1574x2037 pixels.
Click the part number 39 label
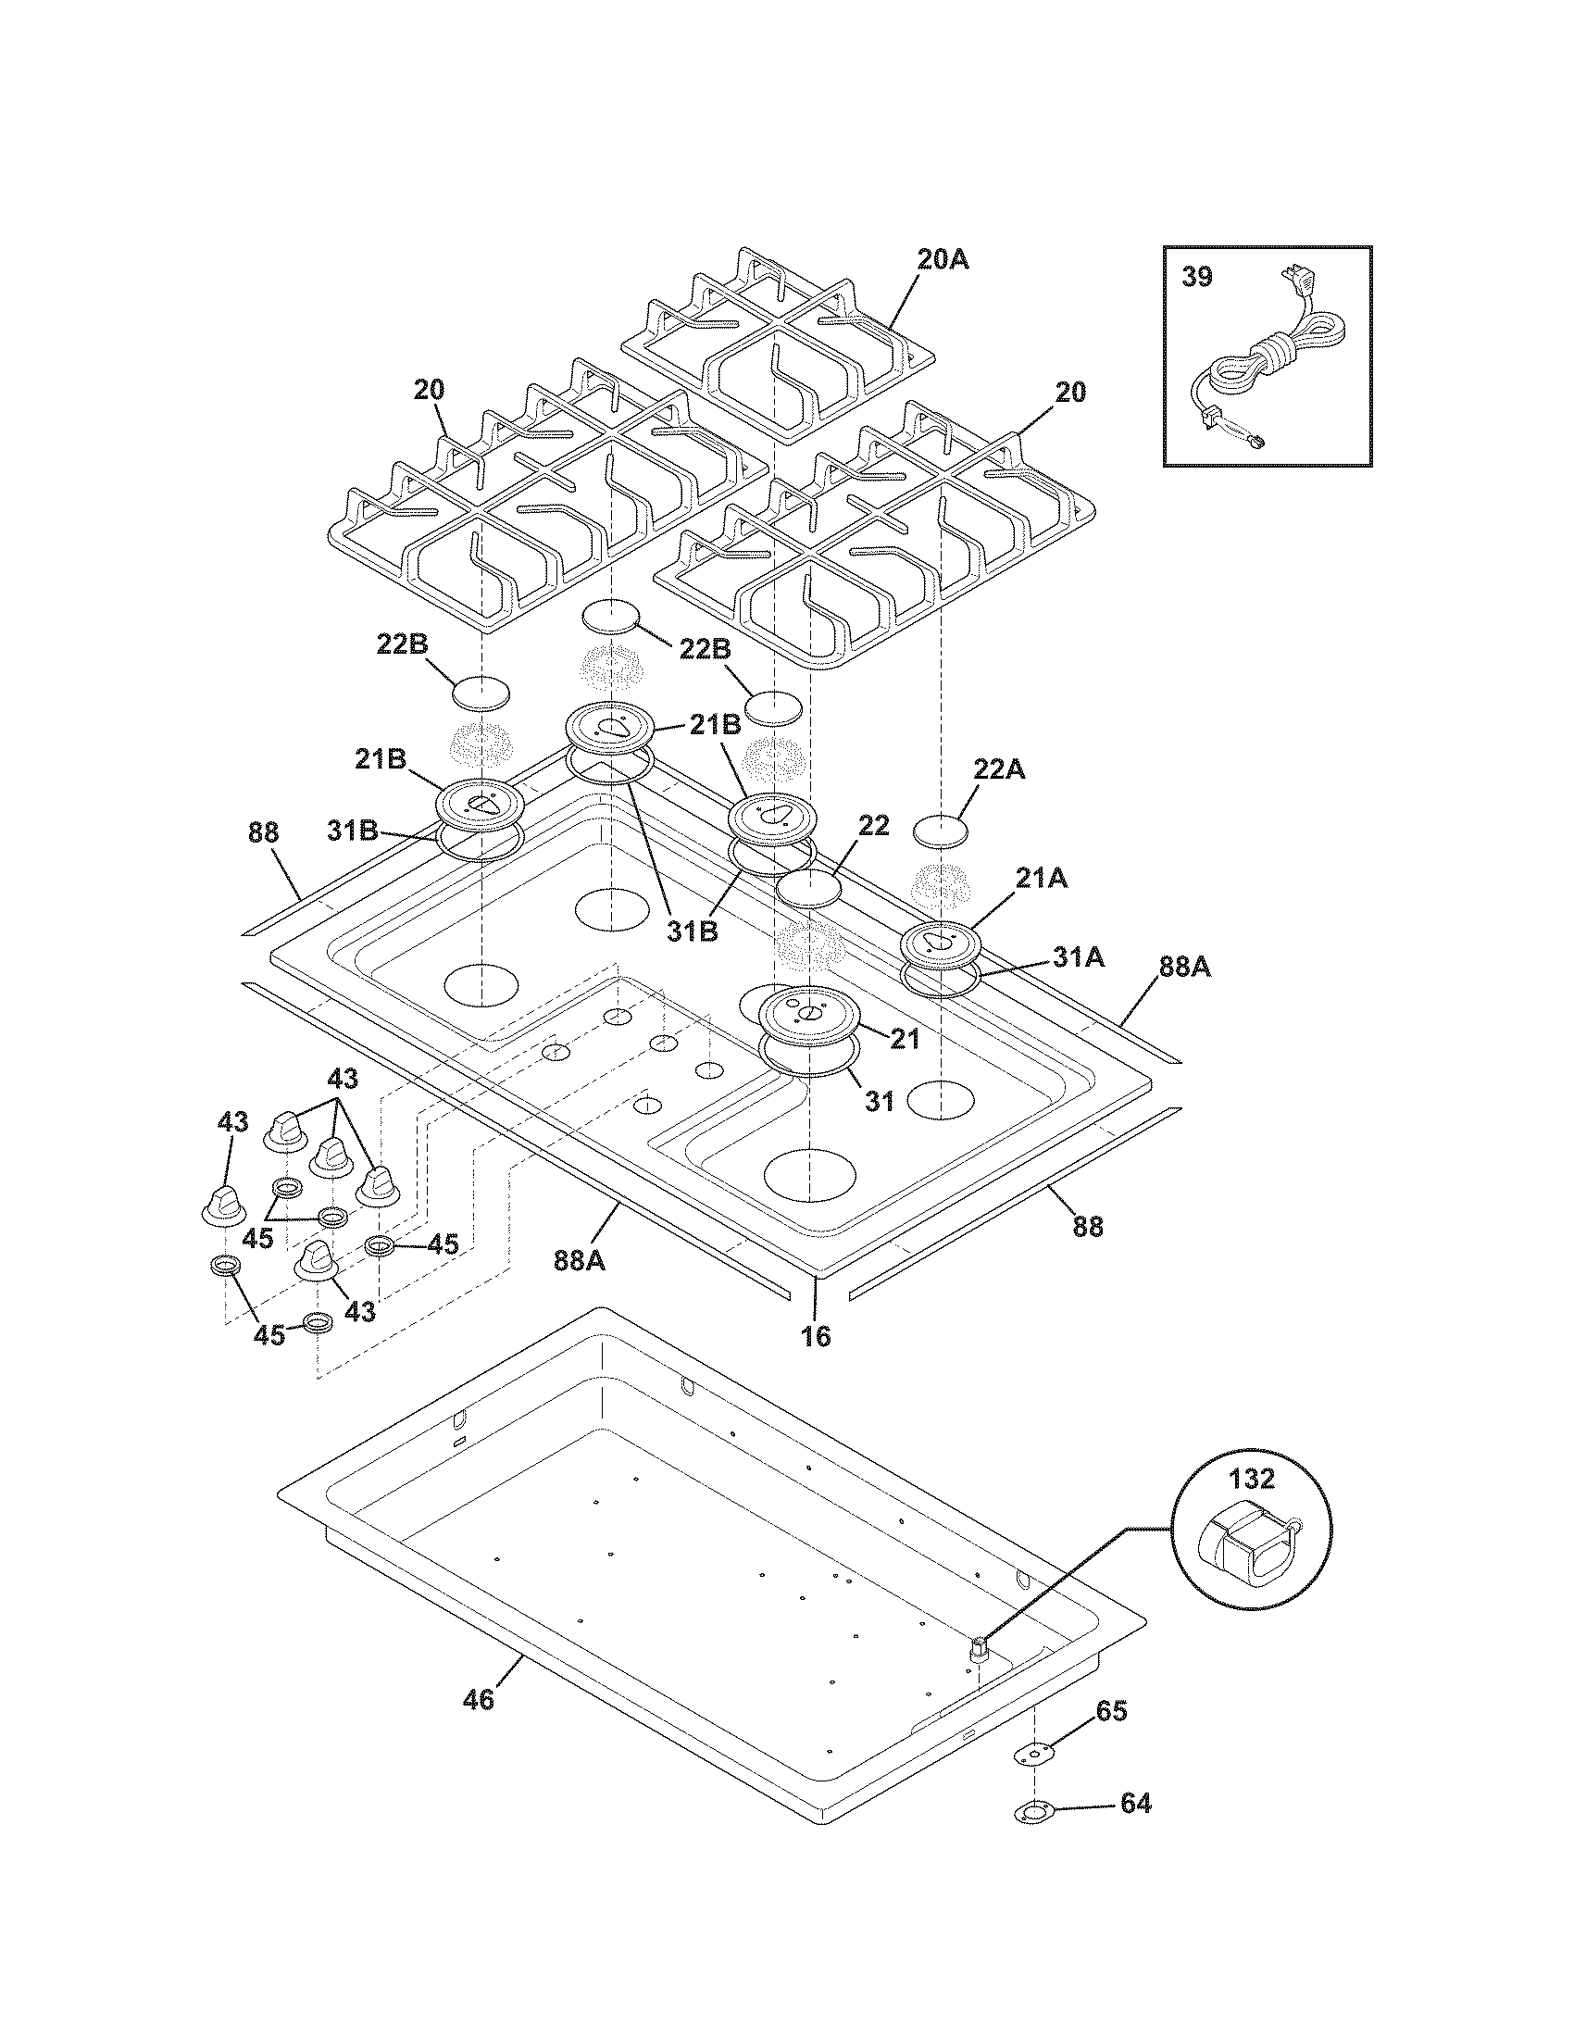[1197, 277]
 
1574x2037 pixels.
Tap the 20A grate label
[943, 260]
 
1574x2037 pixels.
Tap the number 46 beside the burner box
[479, 1699]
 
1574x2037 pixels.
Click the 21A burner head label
[1043, 878]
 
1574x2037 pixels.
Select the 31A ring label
[1079, 956]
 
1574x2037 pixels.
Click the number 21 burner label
[903, 1038]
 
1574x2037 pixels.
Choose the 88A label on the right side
[1184, 968]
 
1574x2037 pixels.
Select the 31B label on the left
[353, 830]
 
